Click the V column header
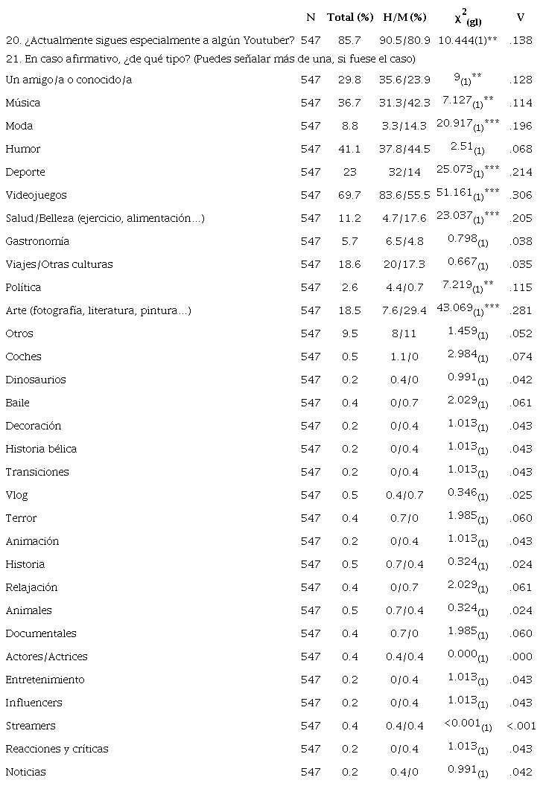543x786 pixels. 520,17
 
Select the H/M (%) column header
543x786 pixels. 404,17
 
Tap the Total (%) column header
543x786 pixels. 350,17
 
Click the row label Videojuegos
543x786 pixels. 36,195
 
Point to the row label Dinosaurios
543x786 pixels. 34,380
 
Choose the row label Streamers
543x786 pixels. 31,726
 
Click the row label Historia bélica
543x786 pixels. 41,449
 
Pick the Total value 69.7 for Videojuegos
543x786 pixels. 350,195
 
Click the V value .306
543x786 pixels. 521,195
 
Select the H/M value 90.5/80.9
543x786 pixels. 404,40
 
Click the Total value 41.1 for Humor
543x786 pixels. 350,149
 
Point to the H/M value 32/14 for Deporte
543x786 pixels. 404,172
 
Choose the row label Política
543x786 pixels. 23,287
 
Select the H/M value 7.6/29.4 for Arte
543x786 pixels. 404,310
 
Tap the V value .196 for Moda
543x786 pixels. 521,126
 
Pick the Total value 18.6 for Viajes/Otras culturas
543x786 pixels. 350,264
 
